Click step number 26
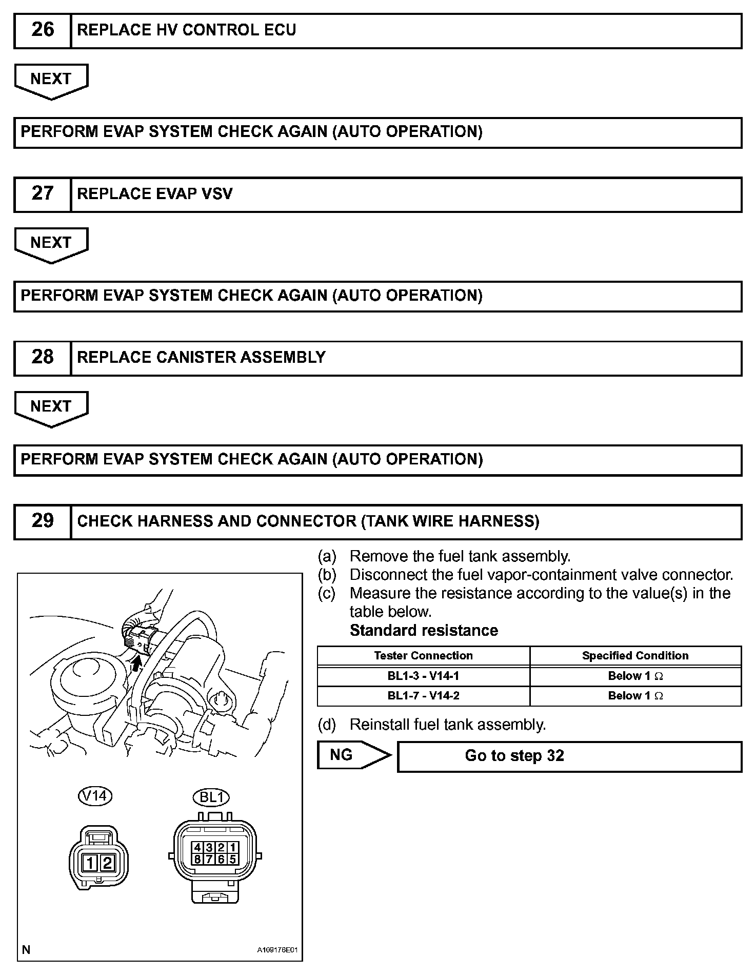(43, 30)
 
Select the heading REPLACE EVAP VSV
(154, 194)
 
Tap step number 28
(43, 357)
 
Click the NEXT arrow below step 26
(51, 80)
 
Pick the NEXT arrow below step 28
(51, 407)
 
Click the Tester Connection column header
(423, 656)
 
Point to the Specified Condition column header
(635, 656)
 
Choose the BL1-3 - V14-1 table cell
(423, 676)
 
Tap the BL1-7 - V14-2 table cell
(423, 696)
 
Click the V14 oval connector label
(95, 796)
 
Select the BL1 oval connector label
(211, 797)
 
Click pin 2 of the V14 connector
(107, 863)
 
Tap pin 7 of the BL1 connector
(209, 859)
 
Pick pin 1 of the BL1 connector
(232, 848)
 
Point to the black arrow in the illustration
(136, 665)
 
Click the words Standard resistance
(424, 630)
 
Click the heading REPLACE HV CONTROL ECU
(186, 30)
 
